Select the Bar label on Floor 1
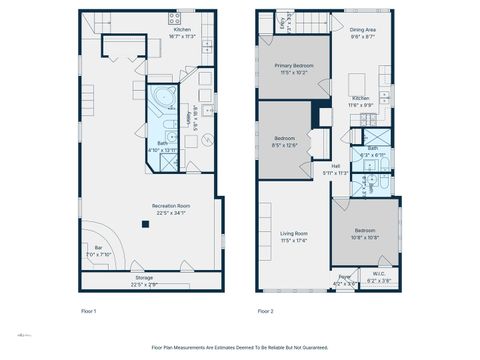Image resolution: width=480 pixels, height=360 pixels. tap(98, 250)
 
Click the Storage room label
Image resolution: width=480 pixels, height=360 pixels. tap(145, 280)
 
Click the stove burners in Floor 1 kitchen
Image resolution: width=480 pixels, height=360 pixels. tap(175, 18)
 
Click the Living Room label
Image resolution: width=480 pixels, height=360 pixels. tap(294, 236)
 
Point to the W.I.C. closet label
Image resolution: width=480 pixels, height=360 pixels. tap(379, 279)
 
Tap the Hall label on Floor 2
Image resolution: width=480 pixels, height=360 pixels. tap(336, 169)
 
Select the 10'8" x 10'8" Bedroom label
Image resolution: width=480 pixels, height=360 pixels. tap(366, 234)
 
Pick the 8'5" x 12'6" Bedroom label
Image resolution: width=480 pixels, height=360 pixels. tap(285, 142)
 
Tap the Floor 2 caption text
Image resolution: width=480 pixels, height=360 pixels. tap(265, 311)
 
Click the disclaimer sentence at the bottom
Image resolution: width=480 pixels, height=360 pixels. tap(240, 347)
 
